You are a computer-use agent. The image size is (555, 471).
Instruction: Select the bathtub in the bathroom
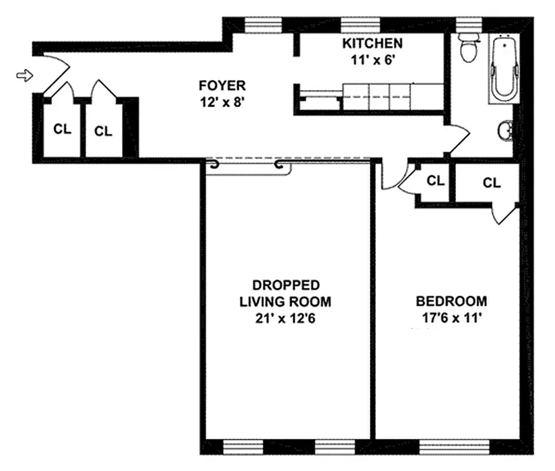[x=504, y=68]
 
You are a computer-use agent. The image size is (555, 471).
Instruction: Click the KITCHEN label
[x=373, y=44]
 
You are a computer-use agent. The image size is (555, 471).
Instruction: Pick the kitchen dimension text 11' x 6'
[x=373, y=59]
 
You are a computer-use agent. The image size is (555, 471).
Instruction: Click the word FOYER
[x=222, y=86]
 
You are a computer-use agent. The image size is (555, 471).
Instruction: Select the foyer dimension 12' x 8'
[x=222, y=101]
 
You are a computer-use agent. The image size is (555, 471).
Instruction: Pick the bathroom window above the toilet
[x=470, y=24]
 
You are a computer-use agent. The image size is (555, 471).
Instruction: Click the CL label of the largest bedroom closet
[x=491, y=183]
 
